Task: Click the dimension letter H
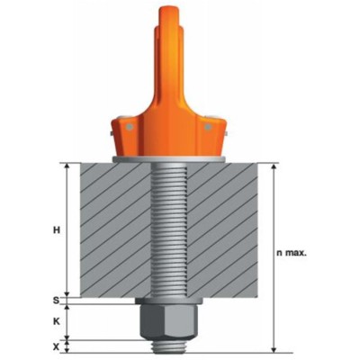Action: coord(56,230)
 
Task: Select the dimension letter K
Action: coord(56,319)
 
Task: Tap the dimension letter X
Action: coord(56,345)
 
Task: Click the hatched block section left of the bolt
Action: coord(112,229)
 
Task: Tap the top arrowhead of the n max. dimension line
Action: coord(274,166)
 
